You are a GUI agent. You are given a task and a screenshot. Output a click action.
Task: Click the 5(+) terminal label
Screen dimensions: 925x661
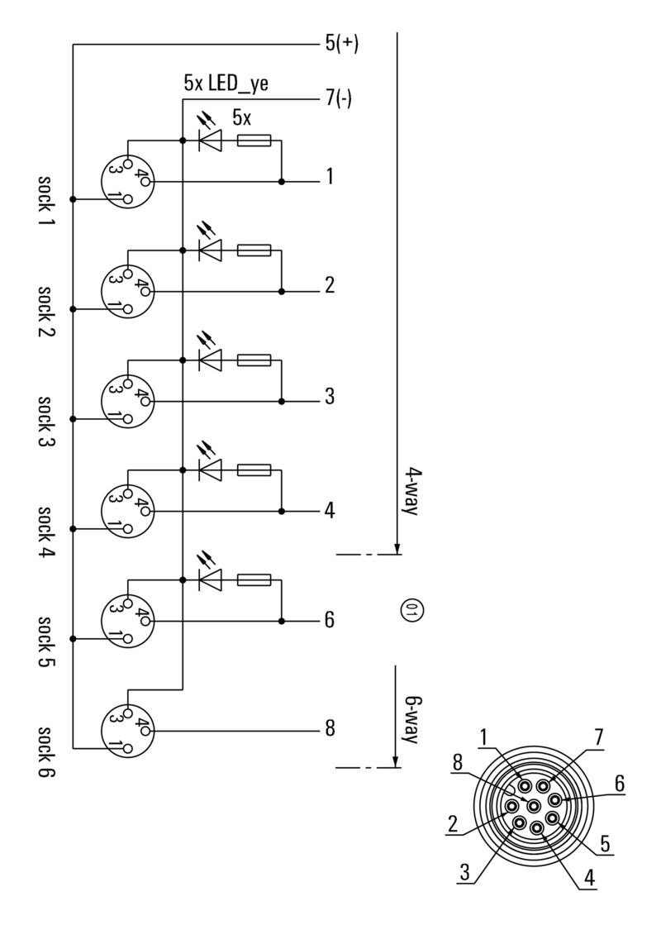click(x=341, y=44)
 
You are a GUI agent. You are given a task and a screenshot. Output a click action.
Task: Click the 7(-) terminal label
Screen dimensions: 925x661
click(x=339, y=99)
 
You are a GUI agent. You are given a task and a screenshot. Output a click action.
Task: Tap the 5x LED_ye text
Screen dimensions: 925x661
click(x=226, y=83)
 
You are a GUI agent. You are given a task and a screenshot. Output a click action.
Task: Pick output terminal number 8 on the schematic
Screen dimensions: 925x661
click(x=329, y=729)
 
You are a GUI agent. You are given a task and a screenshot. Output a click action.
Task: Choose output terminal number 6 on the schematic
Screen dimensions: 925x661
click(x=329, y=619)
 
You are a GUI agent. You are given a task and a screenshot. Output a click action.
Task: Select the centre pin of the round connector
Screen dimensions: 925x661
click(x=533, y=805)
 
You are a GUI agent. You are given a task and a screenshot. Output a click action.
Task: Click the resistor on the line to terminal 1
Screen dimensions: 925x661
click(x=254, y=141)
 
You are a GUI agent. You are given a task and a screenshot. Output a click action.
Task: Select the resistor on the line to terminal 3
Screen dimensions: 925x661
click(x=254, y=360)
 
